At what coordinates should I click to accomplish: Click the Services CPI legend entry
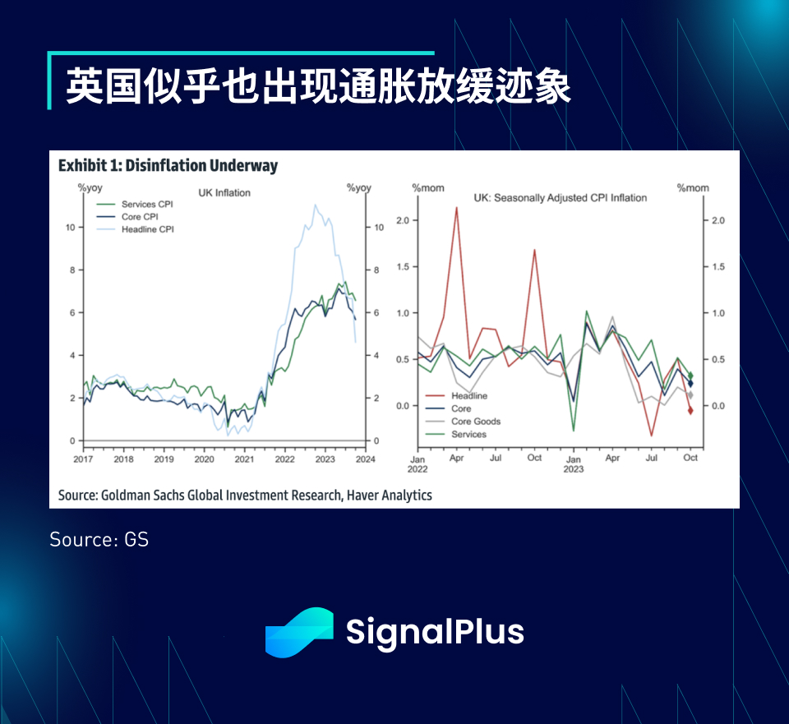click(x=135, y=204)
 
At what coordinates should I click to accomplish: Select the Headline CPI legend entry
click(x=136, y=229)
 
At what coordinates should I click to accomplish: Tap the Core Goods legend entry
click(x=463, y=421)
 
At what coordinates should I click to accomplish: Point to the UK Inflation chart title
click(x=224, y=192)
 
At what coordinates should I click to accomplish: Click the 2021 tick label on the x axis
click(x=245, y=459)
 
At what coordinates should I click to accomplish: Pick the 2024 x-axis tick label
click(x=365, y=459)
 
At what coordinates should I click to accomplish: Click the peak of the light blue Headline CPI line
click(x=315, y=205)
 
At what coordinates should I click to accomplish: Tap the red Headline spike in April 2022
click(x=456, y=207)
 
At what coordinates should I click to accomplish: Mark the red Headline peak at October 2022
click(x=534, y=250)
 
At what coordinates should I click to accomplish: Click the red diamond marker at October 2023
click(x=690, y=411)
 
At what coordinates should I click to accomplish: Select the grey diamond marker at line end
click(x=690, y=395)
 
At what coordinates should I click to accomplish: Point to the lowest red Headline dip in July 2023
click(x=651, y=436)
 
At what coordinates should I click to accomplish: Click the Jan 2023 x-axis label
click(x=574, y=463)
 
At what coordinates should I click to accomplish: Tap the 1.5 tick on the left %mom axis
click(x=403, y=266)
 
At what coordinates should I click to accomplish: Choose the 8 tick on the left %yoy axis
click(x=72, y=270)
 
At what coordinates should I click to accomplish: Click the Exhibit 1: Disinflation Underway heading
click(x=168, y=165)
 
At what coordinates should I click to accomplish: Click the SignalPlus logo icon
click(x=299, y=633)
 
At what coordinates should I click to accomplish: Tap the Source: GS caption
click(x=99, y=539)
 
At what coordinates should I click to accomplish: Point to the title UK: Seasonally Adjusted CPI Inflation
click(x=560, y=198)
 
